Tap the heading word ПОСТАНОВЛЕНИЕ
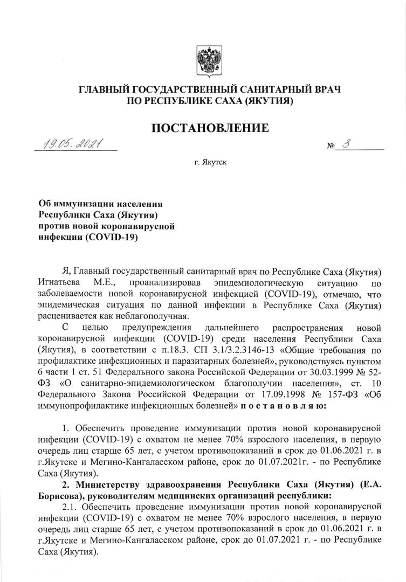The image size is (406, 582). pyautogui.click(x=210, y=129)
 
